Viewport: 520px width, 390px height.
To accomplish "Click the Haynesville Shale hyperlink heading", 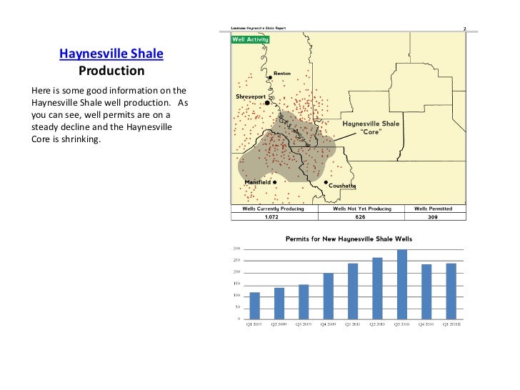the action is (x=111, y=54).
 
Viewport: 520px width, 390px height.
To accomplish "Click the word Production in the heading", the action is (x=111, y=71).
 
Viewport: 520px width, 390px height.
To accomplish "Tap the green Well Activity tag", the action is (x=250, y=39).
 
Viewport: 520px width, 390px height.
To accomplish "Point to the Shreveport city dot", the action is (x=267, y=103).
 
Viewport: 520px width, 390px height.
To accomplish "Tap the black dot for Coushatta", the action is (x=326, y=182).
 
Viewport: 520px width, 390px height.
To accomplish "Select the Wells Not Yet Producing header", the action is (x=363, y=209).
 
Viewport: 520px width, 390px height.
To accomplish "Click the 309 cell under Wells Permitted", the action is (x=432, y=217).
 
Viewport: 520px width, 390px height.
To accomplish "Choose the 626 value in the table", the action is (x=363, y=217).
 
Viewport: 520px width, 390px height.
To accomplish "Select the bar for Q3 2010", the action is (x=401, y=284).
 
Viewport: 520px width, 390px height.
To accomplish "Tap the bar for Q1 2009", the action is (x=254, y=306).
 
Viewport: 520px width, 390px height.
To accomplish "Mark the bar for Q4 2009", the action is (x=328, y=296).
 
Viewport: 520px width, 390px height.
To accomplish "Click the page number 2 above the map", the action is (x=465, y=29).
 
